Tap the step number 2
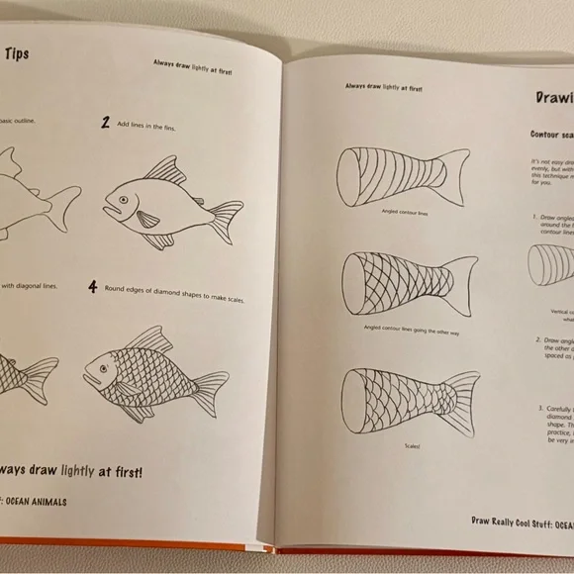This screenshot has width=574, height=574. (105, 124)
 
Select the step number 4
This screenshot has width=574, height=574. (92, 288)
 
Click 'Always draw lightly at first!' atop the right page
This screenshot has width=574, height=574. (384, 87)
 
